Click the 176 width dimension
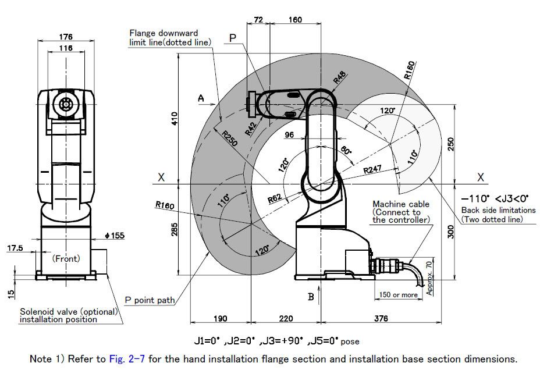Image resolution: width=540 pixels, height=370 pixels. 65,37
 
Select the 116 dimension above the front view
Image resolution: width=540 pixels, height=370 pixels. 65,48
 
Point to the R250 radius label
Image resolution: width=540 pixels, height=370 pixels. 229,140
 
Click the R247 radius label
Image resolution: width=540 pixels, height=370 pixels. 373,170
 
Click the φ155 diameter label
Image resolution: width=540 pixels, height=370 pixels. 113,236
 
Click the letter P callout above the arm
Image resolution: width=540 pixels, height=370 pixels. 233,38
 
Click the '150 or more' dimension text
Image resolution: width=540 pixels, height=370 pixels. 398,294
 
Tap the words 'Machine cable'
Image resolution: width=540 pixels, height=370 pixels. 401,204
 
